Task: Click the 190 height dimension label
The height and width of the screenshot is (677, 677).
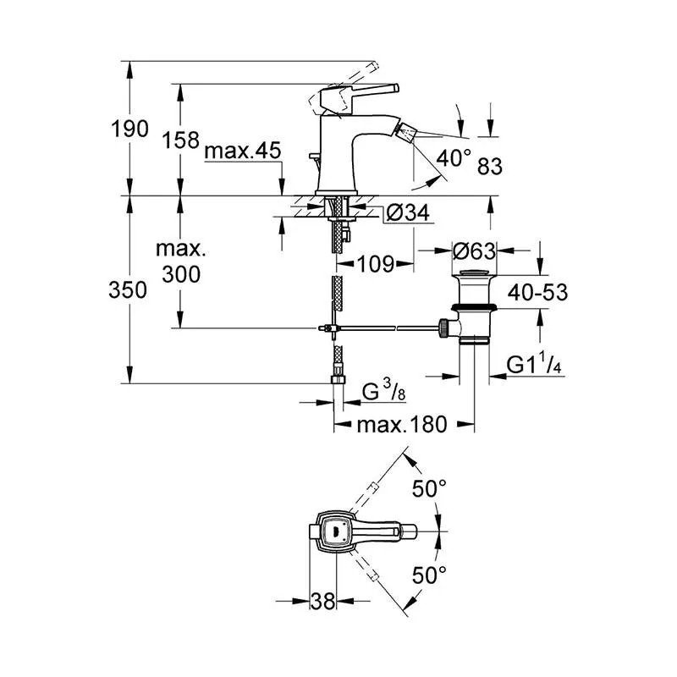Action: pyautogui.click(x=129, y=129)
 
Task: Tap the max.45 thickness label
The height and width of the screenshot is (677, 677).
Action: pyautogui.click(x=243, y=151)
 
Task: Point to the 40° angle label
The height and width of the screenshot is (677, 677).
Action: pyautogui.click(x=454, y=157)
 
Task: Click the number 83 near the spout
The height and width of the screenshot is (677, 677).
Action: pyautogui.click(x=489, y=167)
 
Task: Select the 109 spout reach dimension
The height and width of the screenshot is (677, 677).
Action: pyautogui.click(x=374, y=264)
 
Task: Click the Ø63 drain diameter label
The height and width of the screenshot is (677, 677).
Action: pyautogui.click(x=474, y=251)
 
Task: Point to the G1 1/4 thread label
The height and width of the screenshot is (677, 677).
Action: pyautogui.click(x=536, y=365)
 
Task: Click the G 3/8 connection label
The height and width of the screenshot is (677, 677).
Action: pyautogui.click(x=382, y=392)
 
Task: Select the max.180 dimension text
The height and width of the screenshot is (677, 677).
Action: pyautogui.click(x=400, y=425)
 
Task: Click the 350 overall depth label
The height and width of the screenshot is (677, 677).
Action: pyautogui.click(x=129, y=289)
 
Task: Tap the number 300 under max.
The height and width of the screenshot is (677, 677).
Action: pyautogui.click(x=182, y=273)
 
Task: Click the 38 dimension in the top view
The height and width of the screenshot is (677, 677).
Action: pyautogui.click(x=323, y=601)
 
